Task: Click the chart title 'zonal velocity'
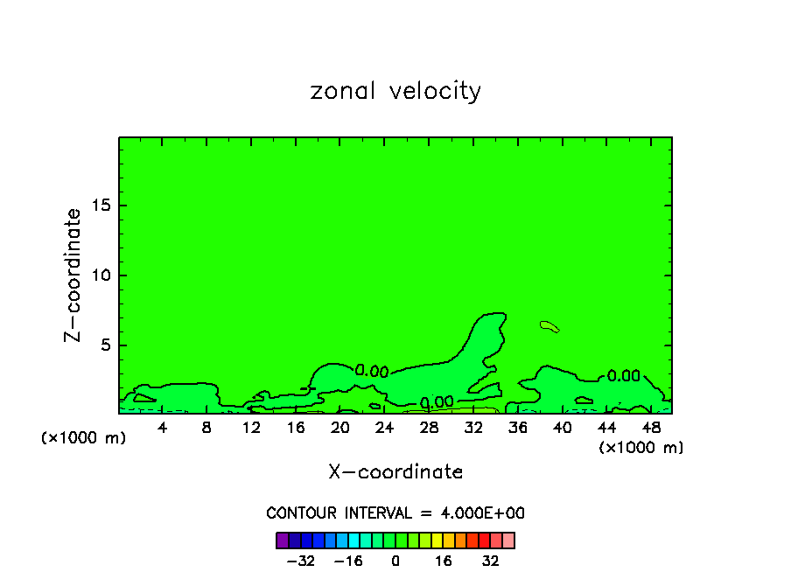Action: point(395,91)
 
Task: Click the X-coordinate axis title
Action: point(395,472)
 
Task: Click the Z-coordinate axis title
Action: point(73,275)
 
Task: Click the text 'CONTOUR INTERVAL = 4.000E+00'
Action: point(395,513)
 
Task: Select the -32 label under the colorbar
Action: point(300,561)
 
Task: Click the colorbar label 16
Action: point(444,561)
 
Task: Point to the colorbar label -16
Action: point(347,561)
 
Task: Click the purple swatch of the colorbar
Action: point(282,541)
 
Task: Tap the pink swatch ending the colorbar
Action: point(508,541)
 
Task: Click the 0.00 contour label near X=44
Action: point(624,376)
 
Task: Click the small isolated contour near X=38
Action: point(549,327)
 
